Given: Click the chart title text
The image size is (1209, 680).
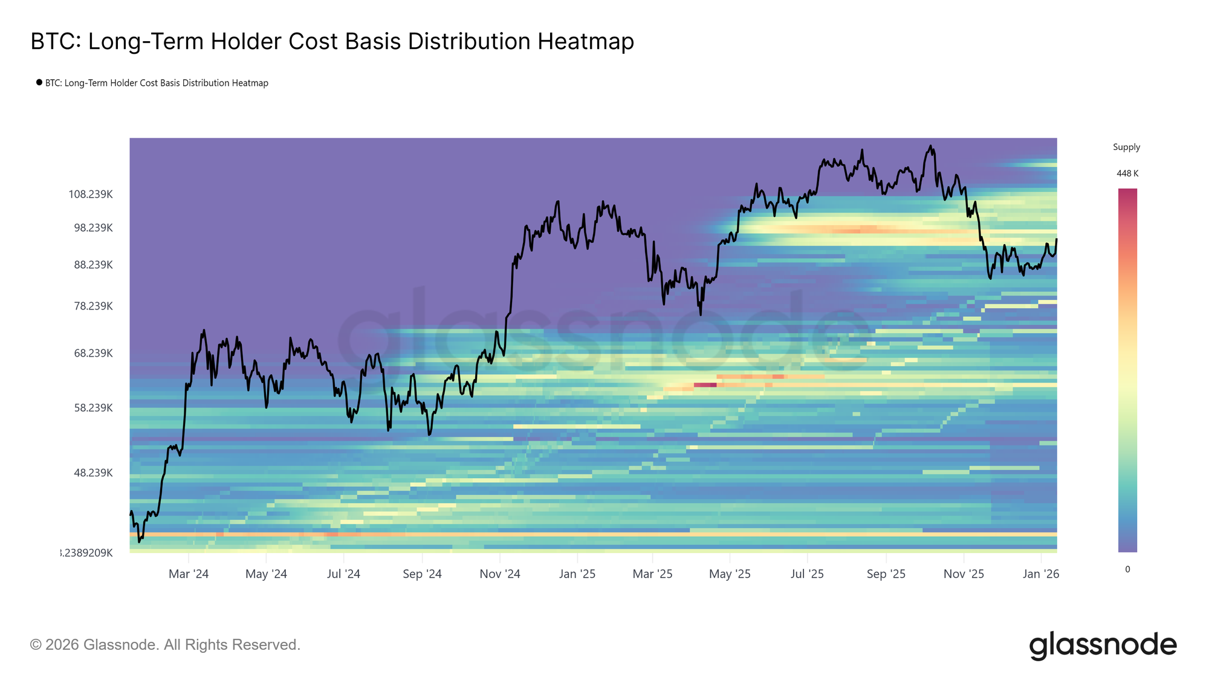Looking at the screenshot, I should [x=332, y=42].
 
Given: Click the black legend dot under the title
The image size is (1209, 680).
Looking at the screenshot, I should [x=39, y=82].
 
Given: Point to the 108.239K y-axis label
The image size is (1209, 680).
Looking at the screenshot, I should [x=91, y=195].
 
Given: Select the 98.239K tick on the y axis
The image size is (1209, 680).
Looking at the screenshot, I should [x=93, y=228].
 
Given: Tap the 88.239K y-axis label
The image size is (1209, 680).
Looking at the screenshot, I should [x=93, y=265].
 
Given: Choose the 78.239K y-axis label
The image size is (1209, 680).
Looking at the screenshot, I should [x=93, y=306].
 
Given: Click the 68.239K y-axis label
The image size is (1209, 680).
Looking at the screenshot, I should [x=93, y=353].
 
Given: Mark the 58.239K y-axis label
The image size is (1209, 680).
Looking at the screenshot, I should [x=93, y=408].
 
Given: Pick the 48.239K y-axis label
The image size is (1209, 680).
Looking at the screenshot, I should [x=93, y=473].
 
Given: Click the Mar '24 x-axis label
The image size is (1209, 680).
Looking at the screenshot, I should [x=189, y=574].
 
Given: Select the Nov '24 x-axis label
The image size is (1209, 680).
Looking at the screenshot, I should [x=500, y=574].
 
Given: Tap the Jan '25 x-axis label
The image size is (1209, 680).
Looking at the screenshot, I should [x=577, y=574].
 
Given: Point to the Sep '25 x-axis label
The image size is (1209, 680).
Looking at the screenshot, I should [x=886, y=574].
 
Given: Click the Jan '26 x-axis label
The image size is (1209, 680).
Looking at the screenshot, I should [x=1041, y=574].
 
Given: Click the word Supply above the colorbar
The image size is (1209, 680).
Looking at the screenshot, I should [x=1126, y=147].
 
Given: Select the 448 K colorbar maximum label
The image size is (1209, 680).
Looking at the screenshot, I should [x=1127, y=173].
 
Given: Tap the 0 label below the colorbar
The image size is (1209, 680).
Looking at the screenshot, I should [x=1127, y=569].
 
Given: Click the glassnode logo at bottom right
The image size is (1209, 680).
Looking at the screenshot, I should [x=1103, y=645].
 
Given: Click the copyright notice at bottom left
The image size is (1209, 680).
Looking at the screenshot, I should [x=165, y=645].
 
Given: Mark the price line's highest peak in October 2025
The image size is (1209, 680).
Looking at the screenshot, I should [x=931, y=146].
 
